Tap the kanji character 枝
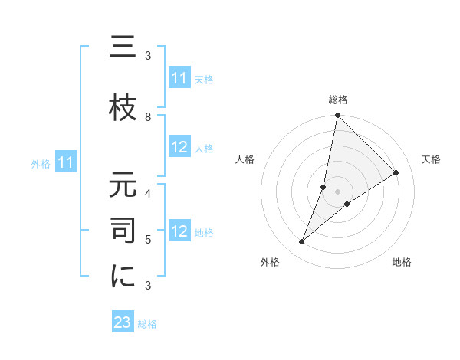click(x=122, y=107)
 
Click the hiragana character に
click(x=122, y=277)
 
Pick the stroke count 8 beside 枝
click(x=148, y=116)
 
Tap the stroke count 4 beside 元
click(x=148, y=193)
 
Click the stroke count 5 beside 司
click(x=148, y=240)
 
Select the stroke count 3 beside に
click(x=148, y=286)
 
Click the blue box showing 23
click(x=123, y=322)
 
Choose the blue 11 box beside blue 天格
click(x=179, y=78)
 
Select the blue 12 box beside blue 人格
click(x=179, y=147)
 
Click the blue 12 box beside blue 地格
click(x=179, y=231)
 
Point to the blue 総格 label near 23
click(x=147, y=324)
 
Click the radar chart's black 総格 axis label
click(x=338, y=100)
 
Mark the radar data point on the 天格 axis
click(x=396, y=173)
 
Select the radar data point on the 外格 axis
click(x=302, y=242)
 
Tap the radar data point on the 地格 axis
click(x=347, y=204)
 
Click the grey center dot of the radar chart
click(x=338, y=191)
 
